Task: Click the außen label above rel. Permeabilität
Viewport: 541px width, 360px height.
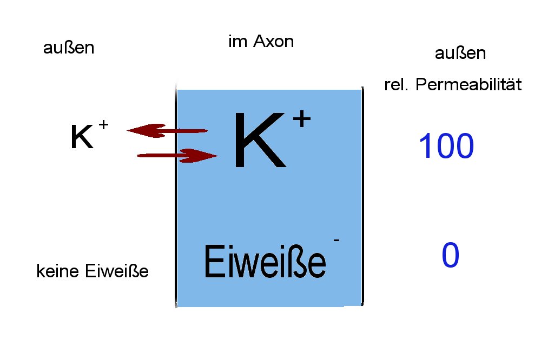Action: (460, 53)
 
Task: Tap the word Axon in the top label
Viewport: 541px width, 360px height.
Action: (273, 42)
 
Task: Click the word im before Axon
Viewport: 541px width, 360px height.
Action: (238, 42)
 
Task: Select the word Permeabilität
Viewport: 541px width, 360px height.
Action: (469, 84)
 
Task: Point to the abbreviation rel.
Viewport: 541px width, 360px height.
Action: (396, 84)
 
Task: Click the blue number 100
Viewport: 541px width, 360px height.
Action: (446, 146)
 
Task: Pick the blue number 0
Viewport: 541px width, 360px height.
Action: (450, 255)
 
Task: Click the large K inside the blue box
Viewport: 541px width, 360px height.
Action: (260, 139)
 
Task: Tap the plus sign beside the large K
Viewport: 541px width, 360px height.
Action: (301, 119)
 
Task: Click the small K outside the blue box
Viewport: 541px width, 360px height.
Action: (82, 136)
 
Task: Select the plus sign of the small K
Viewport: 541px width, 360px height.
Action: (103, 124)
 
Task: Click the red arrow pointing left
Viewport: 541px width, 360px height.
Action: (167, 131)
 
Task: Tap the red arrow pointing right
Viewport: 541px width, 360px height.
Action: (177, 156)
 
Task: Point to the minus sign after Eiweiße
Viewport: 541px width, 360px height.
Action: (337, 240)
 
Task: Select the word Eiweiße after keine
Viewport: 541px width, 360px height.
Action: (117, 271)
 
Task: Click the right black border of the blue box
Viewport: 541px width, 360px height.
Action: (362, 196)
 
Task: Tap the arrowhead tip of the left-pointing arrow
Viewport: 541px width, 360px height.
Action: (127, 130)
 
